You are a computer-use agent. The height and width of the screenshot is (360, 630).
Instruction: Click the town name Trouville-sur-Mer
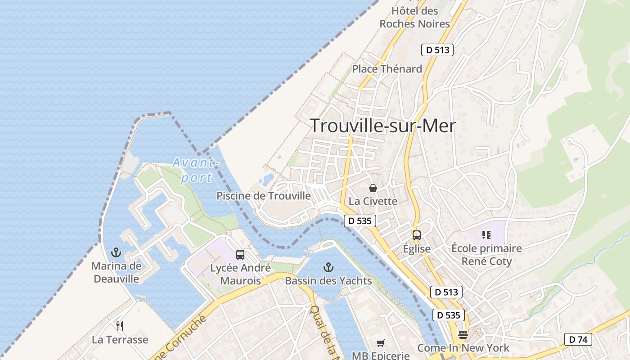point(383,126)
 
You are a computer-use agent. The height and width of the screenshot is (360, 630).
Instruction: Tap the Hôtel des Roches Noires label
point(415,18)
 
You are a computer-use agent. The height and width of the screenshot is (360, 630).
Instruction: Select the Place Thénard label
point(387,69)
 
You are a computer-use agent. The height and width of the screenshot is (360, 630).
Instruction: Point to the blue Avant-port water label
point(196,170)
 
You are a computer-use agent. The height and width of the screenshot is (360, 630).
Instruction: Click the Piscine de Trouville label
point(264,196)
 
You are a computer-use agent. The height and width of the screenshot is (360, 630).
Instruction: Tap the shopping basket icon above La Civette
point(373,188)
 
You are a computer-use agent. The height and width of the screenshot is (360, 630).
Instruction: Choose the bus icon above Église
point(417,235)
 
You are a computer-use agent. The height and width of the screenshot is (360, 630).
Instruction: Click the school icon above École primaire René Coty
point(486,234)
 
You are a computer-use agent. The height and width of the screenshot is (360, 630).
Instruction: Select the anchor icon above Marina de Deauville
point(116,252)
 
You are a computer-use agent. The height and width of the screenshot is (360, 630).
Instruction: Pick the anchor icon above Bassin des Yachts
point(328,267)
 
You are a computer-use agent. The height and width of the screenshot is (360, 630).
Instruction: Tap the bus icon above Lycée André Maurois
point(240,255)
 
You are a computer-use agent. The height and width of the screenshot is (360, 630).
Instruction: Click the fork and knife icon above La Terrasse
point(120,326)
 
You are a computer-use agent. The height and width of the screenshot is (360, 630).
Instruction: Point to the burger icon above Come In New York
point(463,335)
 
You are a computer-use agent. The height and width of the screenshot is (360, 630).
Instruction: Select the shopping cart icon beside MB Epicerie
point(380,343)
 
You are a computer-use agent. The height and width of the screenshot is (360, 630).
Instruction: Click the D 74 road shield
point(578,339)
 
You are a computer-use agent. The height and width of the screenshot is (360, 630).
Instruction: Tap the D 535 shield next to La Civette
point(360,221)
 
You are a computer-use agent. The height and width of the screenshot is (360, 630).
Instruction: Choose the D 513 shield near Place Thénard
point(437,50)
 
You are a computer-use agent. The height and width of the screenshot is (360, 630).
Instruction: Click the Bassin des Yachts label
point(328,281)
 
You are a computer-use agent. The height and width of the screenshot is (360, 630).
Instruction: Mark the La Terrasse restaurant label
point(120,339)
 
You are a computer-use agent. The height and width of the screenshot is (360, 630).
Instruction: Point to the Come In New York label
point(463,348)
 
